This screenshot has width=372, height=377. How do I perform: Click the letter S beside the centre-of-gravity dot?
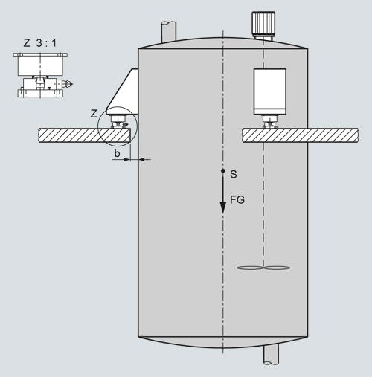[233, 174]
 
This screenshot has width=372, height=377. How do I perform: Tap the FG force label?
[237, 199]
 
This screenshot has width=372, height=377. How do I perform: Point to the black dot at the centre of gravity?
[223, 170]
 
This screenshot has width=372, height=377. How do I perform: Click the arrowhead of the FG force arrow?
[223, 207]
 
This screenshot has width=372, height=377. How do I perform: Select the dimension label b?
[117, 153]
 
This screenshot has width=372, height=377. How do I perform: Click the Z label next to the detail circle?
[94, 114]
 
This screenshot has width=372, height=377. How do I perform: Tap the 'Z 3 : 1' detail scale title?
[40, 43]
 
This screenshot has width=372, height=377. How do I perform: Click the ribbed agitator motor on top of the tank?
[263, 24]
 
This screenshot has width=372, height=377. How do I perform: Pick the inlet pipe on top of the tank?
[169, 32]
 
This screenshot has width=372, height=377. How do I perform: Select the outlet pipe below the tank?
[271, 354]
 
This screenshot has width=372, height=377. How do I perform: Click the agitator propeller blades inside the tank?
[263, 268]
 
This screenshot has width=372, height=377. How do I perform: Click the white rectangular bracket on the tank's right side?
[270, 91]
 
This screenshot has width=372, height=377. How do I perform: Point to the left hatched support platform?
[84, 135]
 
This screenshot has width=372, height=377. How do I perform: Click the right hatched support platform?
[300, 135]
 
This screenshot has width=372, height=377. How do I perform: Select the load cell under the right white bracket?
[270, 122]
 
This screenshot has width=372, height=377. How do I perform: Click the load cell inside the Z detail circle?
[119, 121]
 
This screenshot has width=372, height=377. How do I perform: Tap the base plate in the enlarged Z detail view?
[40, 93]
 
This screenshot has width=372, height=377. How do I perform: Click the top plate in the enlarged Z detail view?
[40, 54]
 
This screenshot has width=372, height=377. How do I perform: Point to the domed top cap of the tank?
[222, 43]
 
